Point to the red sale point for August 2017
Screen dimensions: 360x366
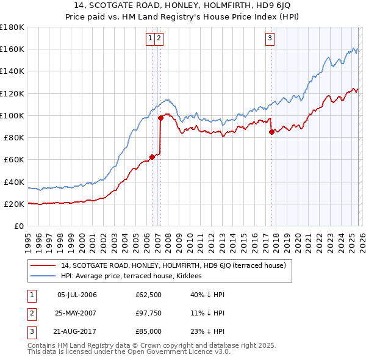click(x=271, y=132)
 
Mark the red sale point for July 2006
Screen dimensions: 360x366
click(x=152, y=157)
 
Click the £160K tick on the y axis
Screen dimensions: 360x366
click(x=12, y=49)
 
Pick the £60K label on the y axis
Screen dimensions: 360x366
click(x=13, y=159)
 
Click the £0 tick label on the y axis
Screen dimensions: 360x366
click(x=18, y=226)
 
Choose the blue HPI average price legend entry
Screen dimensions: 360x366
click(x=135, y=276)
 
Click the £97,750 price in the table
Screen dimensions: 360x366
click(x=148, y=313)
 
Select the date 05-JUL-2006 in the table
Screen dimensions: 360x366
click(x=77, y=295)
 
